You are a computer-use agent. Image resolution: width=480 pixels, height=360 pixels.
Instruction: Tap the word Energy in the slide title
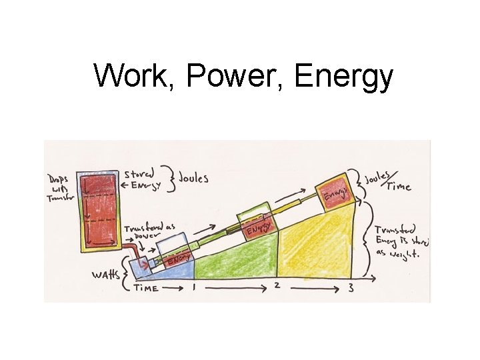pos(343,77)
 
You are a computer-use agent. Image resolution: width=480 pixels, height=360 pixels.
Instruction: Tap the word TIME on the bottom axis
pos(146,288)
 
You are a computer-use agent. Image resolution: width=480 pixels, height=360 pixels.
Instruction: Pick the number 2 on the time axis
pos(276,287)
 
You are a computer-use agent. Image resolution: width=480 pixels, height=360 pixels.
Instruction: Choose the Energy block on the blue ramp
pos(178,258)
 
